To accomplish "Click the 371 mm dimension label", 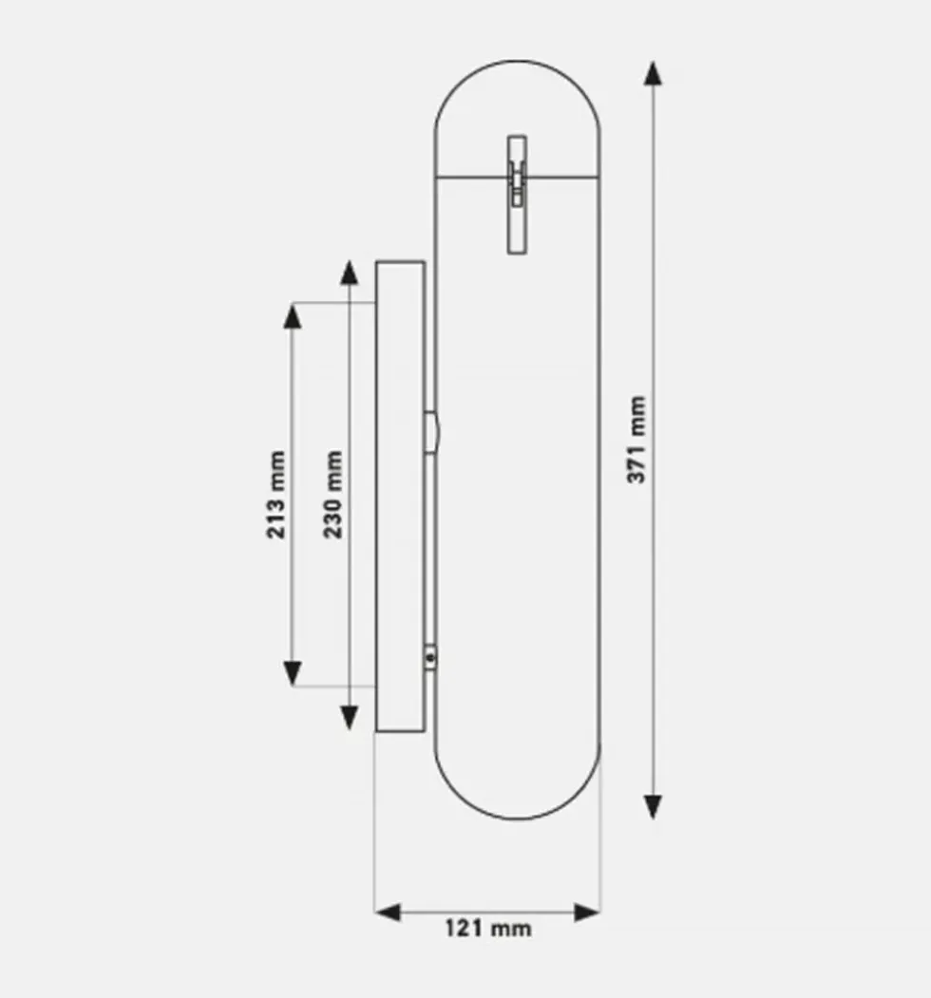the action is click(x=636, y=440).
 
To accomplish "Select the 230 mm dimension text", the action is click(x=333, y=494).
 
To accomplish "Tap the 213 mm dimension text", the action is click(x=275, y=495).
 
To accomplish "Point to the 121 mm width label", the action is click(x=487, y=928).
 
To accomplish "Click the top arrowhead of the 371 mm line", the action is click(x=653, y=73).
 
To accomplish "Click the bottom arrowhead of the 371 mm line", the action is click(x=653, y=806).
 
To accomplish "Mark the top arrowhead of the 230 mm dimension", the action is click(x=349, y=273).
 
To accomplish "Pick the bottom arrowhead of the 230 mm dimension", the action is click(x=349, y=718).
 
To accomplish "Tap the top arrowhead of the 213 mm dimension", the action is click(x=293, y=316).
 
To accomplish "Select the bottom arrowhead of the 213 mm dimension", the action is click(x=293, y=673).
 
